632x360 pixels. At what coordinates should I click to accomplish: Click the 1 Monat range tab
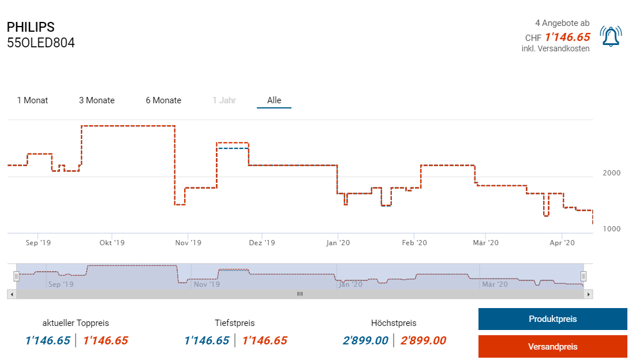[32, 100]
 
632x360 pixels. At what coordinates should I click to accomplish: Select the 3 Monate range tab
[97, 100]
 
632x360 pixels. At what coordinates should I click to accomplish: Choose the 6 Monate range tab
[163, 100]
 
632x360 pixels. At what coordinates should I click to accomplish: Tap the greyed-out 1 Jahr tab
[224, 100]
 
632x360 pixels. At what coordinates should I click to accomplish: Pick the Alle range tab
[274, 100]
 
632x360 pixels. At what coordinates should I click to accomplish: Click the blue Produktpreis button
[552, 319]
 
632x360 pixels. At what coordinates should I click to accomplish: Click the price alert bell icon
[611, 36]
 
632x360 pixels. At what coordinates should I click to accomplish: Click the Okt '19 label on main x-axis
[112, 243]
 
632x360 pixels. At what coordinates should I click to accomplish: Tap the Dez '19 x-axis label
[262, 243]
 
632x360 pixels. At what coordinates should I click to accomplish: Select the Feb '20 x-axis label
[414, 243]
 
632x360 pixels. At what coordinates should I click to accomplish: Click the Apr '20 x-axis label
[563, 243]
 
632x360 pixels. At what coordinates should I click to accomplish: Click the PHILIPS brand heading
[31, 27]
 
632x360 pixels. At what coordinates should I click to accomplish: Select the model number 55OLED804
[40, 43]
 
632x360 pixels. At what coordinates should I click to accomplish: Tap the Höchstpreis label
[394, 323]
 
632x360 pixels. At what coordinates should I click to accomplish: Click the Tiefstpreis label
[234, 323]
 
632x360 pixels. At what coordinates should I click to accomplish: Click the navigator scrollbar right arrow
[589, 294]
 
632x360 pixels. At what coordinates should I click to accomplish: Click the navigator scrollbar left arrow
[11, 294]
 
